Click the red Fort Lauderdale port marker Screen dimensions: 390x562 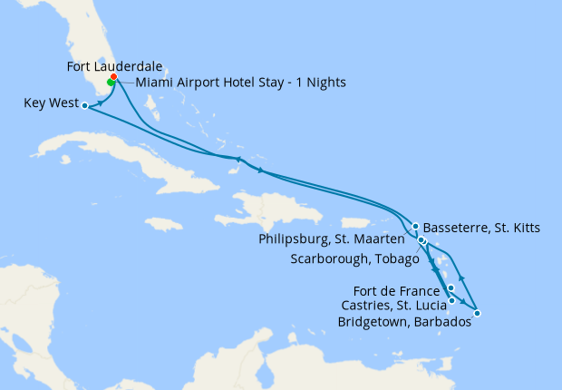(113, 77)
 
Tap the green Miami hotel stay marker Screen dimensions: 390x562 (111, 83)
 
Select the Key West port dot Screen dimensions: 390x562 (84, 105)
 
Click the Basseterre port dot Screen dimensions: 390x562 (415, 226)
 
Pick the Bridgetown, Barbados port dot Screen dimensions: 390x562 (477, 314)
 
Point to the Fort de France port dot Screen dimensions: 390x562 (451, 288)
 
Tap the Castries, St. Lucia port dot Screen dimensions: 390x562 (451, 300)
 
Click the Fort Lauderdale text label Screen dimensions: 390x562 (110, 66)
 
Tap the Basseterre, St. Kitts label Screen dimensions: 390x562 (481, 228)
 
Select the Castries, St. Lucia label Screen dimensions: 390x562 (392, 306)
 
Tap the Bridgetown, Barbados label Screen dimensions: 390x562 (403, 321)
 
